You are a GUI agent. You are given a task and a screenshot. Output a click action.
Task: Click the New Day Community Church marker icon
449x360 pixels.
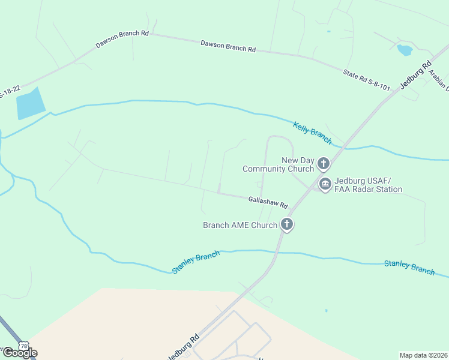324,163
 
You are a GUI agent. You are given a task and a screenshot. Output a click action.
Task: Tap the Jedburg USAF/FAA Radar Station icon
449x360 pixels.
325,184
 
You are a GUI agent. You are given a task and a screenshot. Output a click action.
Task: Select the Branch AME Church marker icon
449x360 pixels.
287,225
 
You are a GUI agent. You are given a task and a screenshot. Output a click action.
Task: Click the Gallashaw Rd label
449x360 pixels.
268,202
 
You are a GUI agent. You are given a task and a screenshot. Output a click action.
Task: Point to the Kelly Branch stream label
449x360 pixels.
312,133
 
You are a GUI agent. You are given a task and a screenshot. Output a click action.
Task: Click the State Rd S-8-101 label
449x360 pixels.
366,81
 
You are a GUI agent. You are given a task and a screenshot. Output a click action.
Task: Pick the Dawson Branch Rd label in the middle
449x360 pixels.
228,46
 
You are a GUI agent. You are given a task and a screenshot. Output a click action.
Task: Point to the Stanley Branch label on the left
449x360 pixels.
196,263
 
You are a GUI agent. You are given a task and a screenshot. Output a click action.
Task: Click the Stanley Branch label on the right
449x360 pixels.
409,267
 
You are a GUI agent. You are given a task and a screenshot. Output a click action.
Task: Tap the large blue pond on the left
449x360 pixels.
31,103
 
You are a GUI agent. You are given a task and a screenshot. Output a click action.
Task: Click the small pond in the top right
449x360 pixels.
404,50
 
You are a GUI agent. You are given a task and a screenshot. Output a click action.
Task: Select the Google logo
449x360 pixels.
19,353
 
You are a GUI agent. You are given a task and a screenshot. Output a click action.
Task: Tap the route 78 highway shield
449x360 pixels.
23,346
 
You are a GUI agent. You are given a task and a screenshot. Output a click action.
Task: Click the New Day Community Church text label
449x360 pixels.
278,164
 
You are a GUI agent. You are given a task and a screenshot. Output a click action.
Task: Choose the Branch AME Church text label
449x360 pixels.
240,226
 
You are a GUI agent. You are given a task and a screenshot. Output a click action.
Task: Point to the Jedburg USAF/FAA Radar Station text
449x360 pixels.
368,185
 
